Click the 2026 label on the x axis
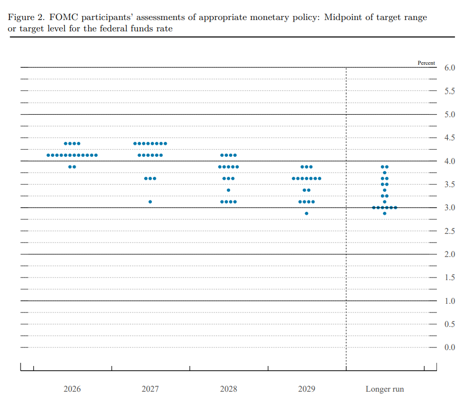click(72, 389)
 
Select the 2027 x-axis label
click(150, 389)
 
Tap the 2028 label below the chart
click(229, 389)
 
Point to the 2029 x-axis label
click(306, 389)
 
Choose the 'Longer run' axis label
click(384, 389)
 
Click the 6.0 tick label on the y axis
click(449, 68)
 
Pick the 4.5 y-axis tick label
click(449, 138)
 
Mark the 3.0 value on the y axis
click(449, 208)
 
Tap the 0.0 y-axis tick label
click(449, 347)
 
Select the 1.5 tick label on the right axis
click(449, 278)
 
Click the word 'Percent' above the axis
click(426, 63)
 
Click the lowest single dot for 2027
click(150, 202)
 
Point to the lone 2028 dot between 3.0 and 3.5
click(229, 190)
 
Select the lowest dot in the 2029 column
click(306, 213)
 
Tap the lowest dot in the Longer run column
click(384, 213)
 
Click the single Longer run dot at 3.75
click(384, 173)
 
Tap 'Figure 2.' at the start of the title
click(26, 17)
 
